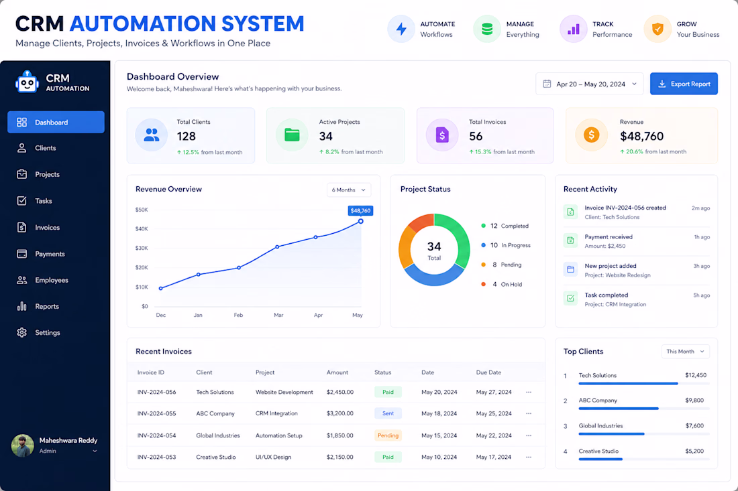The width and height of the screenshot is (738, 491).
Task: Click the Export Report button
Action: (x=684, y=84)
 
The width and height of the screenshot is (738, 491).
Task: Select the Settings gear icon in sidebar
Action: (x=21, y=333)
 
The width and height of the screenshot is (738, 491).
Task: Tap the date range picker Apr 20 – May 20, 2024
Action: (x=589, y=84)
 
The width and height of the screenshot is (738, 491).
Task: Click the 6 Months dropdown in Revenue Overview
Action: (x=349, y=190)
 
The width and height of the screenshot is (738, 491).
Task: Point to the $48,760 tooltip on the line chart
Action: (x=360, y=210)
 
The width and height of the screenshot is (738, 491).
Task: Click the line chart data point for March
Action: (x=277, y=247)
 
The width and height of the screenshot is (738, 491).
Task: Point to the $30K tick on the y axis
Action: (x=142, y=248)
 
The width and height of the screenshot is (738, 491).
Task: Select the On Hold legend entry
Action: (x=502, y=284)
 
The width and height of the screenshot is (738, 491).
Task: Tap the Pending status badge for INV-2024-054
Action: (x=388, y=435)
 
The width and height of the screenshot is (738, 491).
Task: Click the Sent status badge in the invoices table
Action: (x=388, y=413)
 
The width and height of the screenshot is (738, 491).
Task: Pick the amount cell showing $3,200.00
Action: (x=340, y=413)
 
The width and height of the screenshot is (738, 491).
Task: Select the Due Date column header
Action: (x=488, y=372)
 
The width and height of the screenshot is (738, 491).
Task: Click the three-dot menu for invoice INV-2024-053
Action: (x=529, y=457)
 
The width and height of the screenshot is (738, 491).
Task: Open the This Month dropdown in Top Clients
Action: (x=685, y=352)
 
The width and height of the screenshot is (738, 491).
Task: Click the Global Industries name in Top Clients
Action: (x=600, y=426)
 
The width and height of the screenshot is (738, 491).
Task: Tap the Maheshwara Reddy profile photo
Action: (x=23, y=445)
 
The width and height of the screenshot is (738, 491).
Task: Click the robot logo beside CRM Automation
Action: (x=27, y=82)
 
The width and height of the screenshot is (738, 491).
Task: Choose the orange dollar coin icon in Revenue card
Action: (x=591, y=135)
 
